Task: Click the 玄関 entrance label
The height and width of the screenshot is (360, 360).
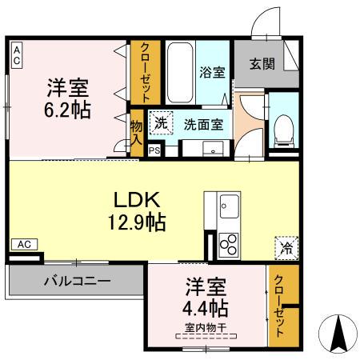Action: click(262, 65)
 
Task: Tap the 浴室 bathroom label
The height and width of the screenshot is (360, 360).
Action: click(213, 72)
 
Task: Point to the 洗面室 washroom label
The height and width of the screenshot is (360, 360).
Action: click(203, 124)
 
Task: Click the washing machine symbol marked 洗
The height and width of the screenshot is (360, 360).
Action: click(161, 123)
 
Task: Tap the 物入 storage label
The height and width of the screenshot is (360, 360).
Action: click(136, 132)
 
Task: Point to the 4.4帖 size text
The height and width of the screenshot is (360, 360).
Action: click(206, 308)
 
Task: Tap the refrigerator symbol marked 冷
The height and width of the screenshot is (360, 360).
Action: click(286, 248)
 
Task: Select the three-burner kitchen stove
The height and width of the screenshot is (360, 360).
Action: click(226, 242)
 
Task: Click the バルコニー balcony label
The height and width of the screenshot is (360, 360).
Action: click(77, 282)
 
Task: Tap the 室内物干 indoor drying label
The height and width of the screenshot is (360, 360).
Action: click(206, 326)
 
